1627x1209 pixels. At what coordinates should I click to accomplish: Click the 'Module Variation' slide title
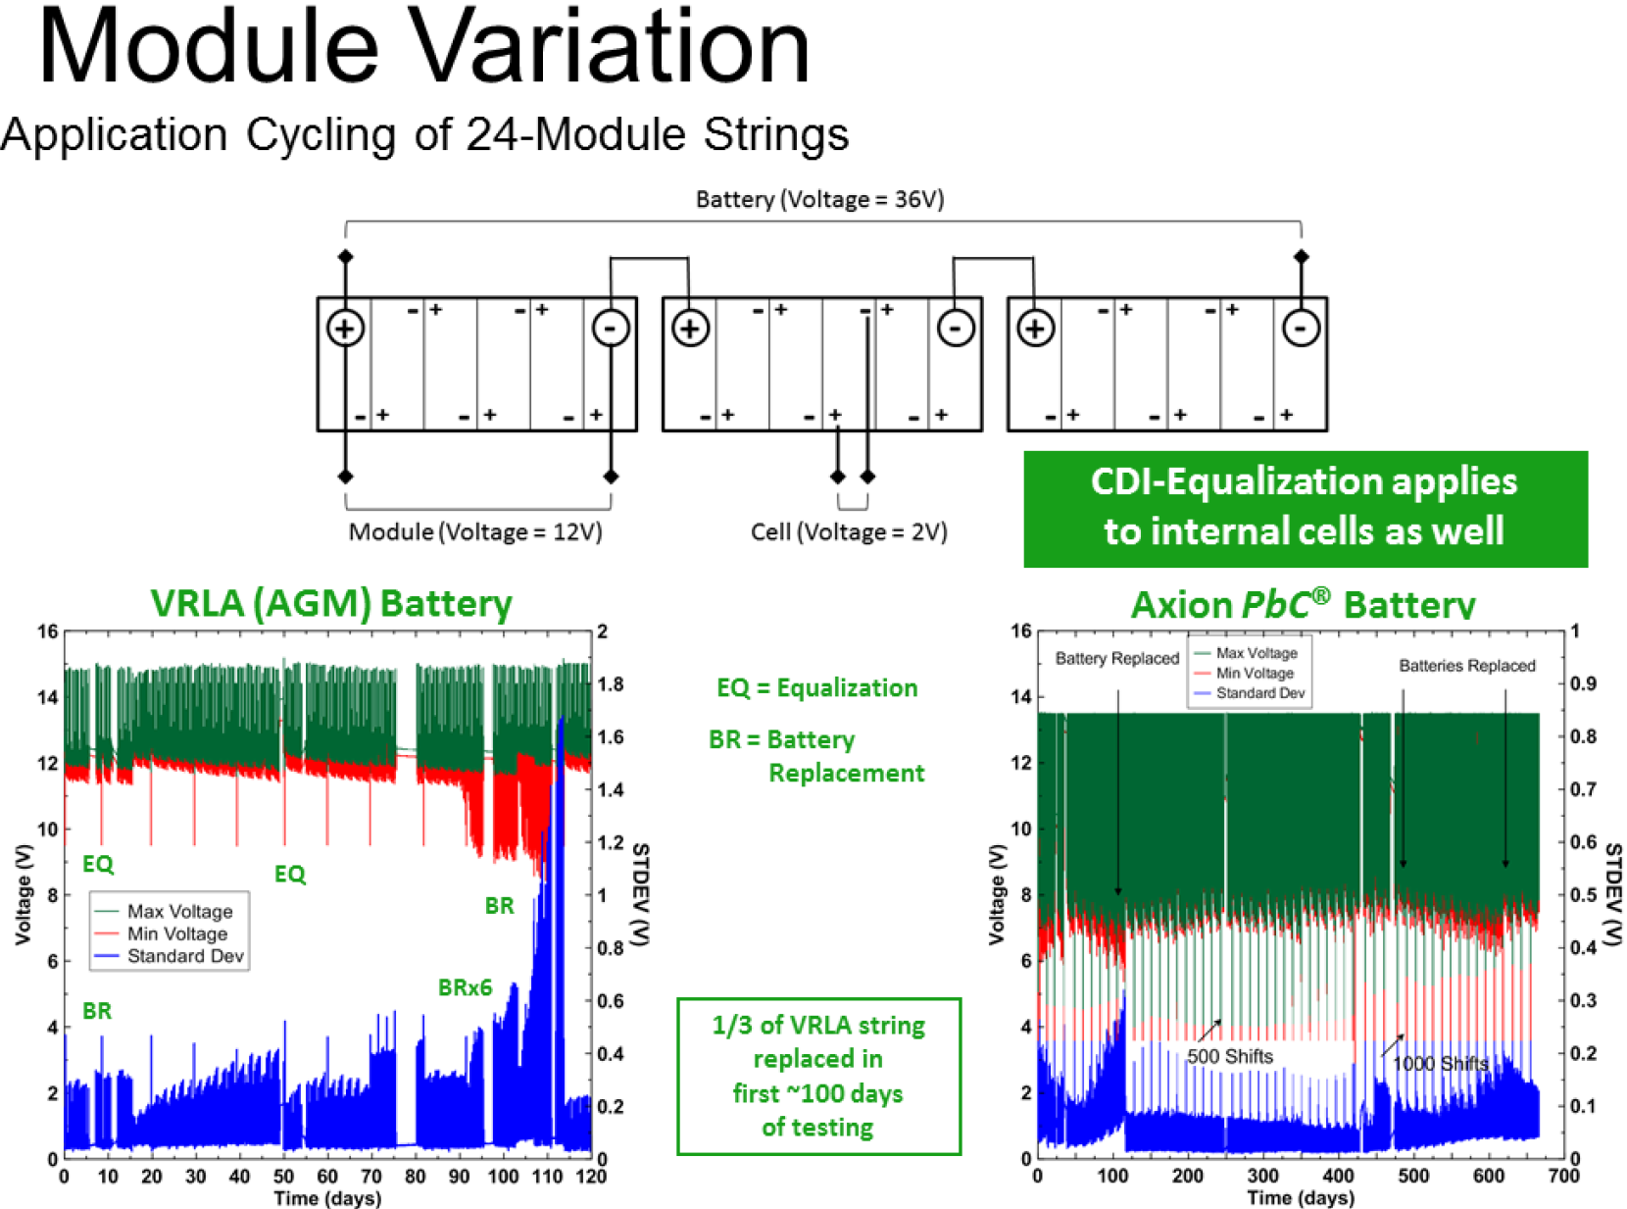click(423, 47)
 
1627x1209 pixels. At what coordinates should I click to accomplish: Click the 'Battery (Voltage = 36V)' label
click(819, 200)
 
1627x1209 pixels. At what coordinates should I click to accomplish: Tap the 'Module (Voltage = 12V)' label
click(475, 532)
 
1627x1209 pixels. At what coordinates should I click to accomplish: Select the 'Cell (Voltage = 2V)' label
click(849, 532)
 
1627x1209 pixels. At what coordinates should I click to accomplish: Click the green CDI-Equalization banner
click(1305, 508)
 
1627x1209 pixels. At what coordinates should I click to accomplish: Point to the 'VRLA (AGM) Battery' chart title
click(331, 604)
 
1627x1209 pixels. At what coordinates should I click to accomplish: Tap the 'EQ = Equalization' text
click(816, 688)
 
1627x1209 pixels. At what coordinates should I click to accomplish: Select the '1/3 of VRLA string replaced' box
click(818, 1076)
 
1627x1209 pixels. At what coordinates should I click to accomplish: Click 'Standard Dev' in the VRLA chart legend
click(185, 956)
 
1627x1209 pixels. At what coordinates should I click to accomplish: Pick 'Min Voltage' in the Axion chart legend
click(1255, 674)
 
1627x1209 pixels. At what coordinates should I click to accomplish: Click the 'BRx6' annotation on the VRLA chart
click(465, 987)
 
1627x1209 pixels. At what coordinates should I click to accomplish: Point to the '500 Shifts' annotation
click(1230, 1057)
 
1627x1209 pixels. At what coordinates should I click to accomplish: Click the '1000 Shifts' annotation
click(1440, 1064)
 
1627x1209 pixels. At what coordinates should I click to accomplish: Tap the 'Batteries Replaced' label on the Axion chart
click(1466, 666)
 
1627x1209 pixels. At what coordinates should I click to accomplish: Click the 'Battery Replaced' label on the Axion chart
click(1116, 659)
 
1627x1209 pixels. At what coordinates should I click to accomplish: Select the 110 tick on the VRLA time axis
click(547, 1177)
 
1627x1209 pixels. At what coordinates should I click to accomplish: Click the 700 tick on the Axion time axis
click(1563, 1177)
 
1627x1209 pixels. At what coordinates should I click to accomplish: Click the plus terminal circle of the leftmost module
click(345, 328)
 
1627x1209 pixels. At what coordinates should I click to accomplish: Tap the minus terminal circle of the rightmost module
click(1301, 328)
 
